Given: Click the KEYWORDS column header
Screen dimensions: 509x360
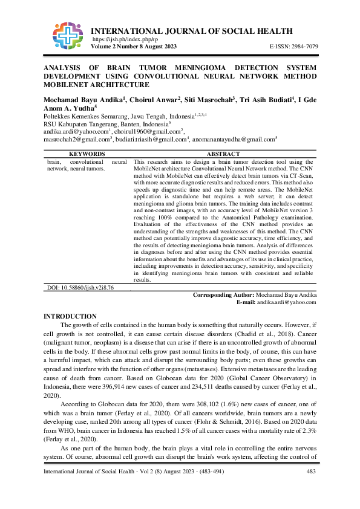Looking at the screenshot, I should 87,154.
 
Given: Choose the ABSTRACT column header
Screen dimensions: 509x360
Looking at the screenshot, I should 223,154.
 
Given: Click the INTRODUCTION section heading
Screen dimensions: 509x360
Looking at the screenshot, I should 70,317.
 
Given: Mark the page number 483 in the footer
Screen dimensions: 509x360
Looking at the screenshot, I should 311,488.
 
